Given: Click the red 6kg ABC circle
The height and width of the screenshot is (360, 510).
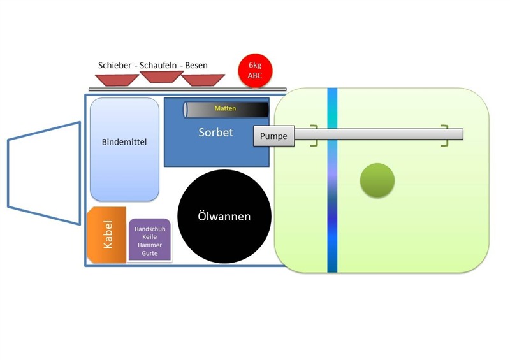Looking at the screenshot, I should [x=255, y=70].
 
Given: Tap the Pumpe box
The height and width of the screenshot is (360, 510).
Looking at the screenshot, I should [x=274, y=136].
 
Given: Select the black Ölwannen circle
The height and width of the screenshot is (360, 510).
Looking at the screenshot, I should [x=223, y=217].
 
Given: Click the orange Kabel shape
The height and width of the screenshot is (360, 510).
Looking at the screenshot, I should [x=106, y=234].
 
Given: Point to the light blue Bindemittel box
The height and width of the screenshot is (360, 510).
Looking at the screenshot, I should [x=124, y=150].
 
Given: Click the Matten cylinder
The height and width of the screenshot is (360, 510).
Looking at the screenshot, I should [x=226, y=109].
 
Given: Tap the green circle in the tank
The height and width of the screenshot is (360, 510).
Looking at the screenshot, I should [x=377, y=180].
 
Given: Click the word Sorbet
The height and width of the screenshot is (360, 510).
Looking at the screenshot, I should [x=215, y=133].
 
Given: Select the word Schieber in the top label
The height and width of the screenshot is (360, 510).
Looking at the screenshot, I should [x=115, y=65].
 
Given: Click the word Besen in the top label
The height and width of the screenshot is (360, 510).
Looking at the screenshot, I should [x=196, y=65].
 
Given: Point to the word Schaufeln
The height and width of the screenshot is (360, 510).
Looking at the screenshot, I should [x=159, y=65].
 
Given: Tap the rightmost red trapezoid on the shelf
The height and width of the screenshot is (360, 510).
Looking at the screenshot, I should [x=202, y=80].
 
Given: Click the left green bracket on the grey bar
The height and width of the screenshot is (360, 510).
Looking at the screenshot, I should [x=314, y=136].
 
